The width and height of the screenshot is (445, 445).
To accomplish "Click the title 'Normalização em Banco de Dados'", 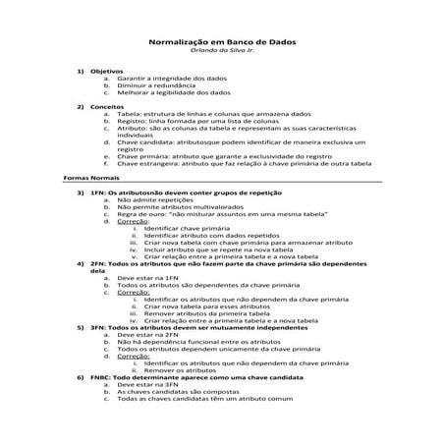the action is (222, 44).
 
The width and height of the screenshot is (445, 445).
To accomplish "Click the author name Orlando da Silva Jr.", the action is (222, 53).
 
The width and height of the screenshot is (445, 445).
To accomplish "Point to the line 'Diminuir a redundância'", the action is (161, 84).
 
